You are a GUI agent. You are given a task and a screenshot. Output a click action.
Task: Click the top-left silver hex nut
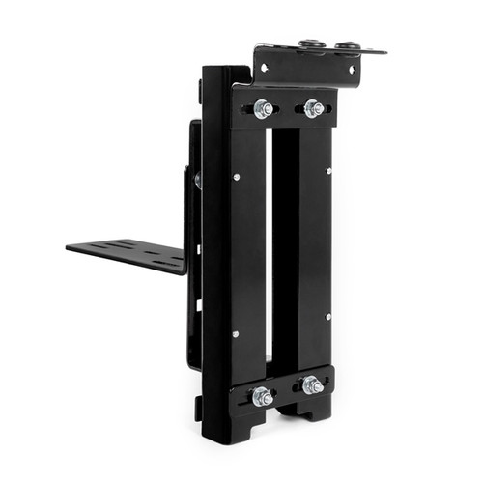(x=263, y=108)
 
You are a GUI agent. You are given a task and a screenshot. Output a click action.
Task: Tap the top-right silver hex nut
(x=313, y=107)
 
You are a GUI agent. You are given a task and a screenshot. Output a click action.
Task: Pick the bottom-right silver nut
(x=312, y=386)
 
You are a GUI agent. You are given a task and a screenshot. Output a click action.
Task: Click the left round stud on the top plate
(x=311, y=44)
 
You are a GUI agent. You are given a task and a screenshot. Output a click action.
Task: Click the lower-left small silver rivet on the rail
(x=235, y=334)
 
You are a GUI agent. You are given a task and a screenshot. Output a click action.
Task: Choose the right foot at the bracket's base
(x=309, y=412)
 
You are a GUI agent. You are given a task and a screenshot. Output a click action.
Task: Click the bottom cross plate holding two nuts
(x=280, y=390)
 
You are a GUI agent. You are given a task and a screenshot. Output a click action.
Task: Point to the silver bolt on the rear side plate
(x=197, y=180)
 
